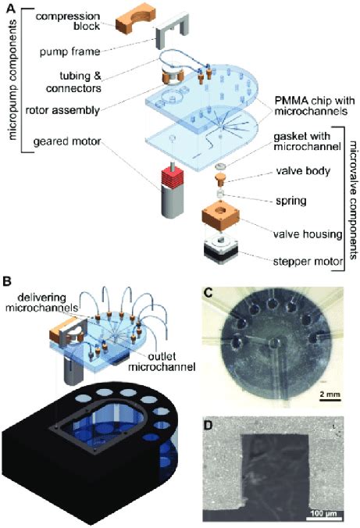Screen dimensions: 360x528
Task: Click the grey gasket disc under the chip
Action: [x=220, y=166]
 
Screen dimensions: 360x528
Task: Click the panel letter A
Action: [x=11, y=8]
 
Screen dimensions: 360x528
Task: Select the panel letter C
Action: [x=209, y=293]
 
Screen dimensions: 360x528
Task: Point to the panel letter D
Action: [x=209, y=425]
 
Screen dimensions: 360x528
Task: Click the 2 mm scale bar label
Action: [x=330, y=394]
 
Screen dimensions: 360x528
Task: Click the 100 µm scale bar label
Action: [x=324, y=514]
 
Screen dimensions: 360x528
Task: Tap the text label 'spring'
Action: [x=291, y=201]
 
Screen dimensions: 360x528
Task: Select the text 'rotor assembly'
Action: [x=62, y=110]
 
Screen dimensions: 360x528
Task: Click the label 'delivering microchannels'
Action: [x=41, y=302]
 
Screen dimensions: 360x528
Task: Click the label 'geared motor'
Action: [x=67, y=141]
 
